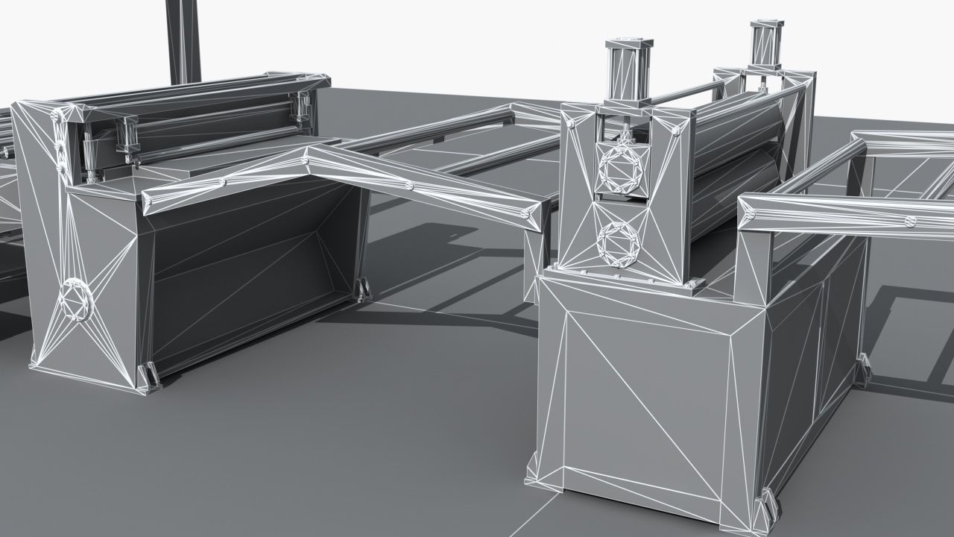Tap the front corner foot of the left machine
pos(148,377)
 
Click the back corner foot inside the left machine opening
pos(363,289)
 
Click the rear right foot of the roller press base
pos(863,369)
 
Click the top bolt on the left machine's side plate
pos(57,116)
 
